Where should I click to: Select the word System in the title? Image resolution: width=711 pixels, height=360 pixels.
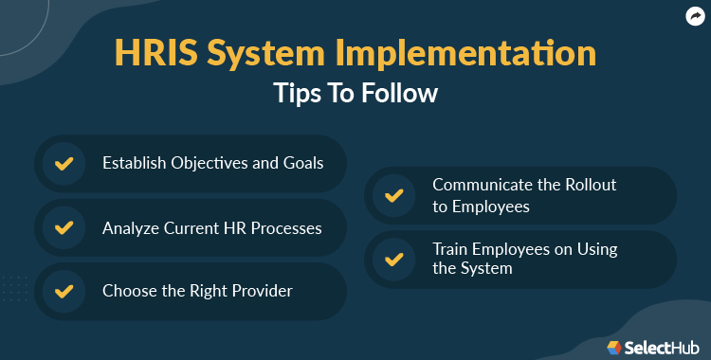[x=284, y=53]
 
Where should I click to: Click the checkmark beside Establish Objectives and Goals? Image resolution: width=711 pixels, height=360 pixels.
[x=64, y=164]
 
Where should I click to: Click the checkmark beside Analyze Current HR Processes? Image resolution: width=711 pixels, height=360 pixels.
[x=64, y=228]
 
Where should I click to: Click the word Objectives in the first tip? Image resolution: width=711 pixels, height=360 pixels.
[x=209, y=163]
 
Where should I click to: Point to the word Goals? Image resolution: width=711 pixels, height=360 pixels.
[x=302, y=163]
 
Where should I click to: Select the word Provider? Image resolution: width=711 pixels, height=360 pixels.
[x=258, y=291]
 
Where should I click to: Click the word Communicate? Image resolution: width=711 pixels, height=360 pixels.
[x=480, y=185]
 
